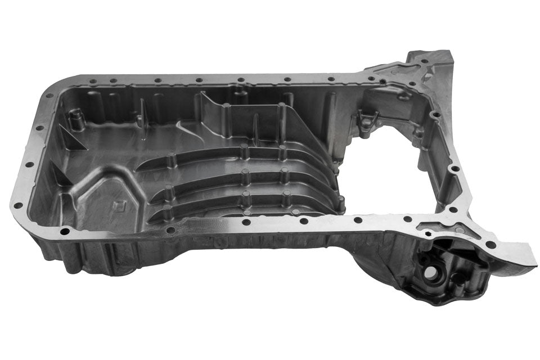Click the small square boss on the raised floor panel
pyautogui.click(x=119, y=205)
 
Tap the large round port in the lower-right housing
pyautogui.click(x=430, y=272)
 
